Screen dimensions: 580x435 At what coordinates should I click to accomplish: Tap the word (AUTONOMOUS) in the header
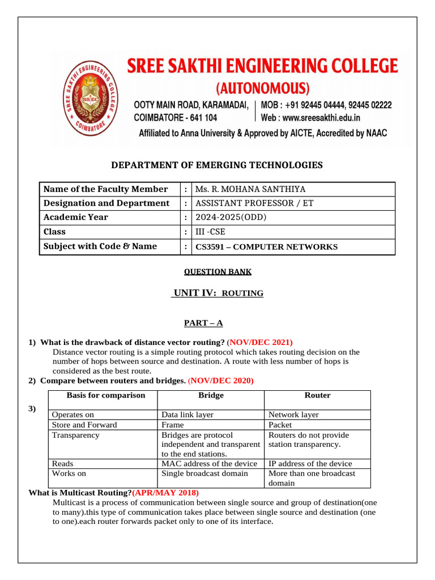pos(264,88)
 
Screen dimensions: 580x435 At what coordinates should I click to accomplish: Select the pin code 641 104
pos(202,118)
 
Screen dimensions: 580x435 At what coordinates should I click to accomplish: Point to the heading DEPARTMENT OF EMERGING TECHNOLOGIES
pos(217,165)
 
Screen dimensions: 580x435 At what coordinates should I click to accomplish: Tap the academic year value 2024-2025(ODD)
pos(231,217)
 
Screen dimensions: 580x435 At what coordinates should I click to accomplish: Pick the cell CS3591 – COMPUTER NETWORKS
pos(266,247)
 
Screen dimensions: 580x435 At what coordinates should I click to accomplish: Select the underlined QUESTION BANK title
pos(217,272)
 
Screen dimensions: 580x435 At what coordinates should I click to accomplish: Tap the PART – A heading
pos(203,323)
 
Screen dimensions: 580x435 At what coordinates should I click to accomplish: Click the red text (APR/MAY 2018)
pos(165,493)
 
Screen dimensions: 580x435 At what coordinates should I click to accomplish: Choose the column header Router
pos(317,395)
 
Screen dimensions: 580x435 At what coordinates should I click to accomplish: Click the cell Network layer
pos(293,415)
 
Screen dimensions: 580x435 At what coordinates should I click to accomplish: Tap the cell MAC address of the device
pos(209,463)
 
